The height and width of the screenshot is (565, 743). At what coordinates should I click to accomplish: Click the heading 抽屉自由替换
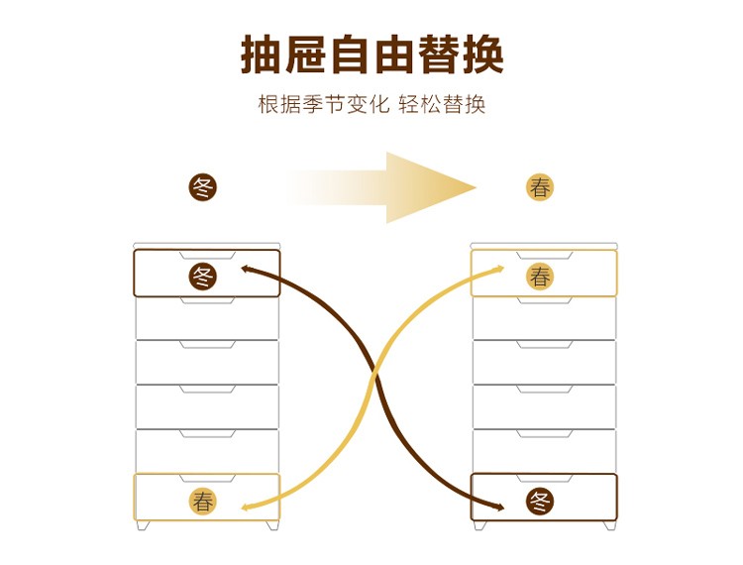(x=372, y=54)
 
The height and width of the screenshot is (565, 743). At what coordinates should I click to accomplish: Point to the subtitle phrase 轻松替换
(x=442, y=105)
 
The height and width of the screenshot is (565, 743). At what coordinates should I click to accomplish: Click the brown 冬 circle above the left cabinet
(x=203, y=186)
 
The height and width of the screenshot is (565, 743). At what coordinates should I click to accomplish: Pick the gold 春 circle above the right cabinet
(x=540, y=186)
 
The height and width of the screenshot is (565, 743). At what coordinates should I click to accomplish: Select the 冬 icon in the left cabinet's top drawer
(x=203, y=276)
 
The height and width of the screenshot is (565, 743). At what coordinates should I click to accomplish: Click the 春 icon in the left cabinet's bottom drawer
(x=203, y=501)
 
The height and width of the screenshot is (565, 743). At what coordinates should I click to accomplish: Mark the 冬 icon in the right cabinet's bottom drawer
(x=540, y=501)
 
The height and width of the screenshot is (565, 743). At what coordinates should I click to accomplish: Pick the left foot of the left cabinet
(x=142, y=525)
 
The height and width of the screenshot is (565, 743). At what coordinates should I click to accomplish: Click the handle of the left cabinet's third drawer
(x=208, y=344)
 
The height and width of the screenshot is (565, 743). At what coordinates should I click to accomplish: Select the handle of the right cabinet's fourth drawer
(x=545, y=389)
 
